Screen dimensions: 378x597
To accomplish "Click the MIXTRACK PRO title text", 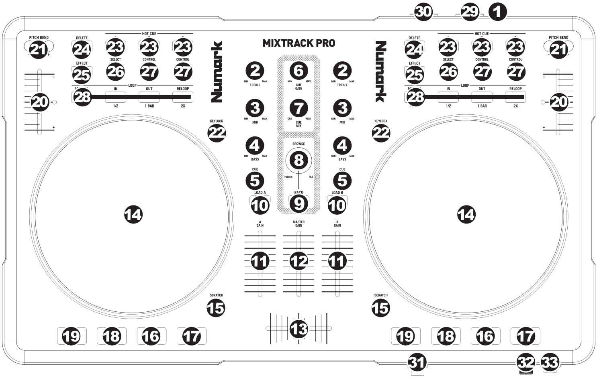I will click(x=298, y=43).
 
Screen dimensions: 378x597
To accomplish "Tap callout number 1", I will click(x=497, y=12).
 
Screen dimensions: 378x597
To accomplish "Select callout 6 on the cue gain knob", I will click(x=298, y=71).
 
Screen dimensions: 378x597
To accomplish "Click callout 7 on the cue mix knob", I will click(x=298, y=108).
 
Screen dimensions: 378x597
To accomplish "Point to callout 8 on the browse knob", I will click(x=298, y=160).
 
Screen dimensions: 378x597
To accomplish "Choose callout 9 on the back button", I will click(x=298, y=204).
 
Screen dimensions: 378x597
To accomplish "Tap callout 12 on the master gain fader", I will click(x=298, y=262).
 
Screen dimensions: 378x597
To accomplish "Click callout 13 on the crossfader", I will click(x=298, y=329).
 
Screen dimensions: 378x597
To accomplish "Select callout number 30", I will click(x=423, y=12).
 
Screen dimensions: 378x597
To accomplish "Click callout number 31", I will click(x=417, y=363).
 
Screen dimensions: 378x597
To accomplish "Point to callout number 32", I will click(x=526, y=363).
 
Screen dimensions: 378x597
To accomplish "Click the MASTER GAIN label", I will click(x=298, y=224).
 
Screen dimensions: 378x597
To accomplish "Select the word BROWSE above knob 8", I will click(x=298, y=144).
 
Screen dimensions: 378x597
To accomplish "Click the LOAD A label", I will click(x=260, y=193).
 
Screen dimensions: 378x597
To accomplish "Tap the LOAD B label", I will click(x=337, y=193).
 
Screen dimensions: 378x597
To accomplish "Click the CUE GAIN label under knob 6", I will click(x=298, y=87).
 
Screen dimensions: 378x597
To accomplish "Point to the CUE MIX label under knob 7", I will click(x=298, y=124).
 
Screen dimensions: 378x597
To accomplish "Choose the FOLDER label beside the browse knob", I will click(x=288, y=177).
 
